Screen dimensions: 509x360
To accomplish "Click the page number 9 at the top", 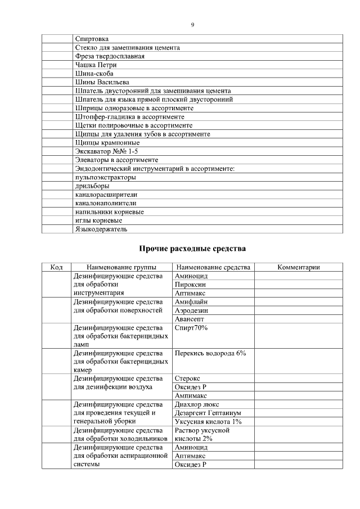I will click(x=192, y=25).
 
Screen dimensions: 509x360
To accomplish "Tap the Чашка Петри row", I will click(x=96, y=65).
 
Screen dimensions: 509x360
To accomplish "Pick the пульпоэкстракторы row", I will click(x=105, y=177).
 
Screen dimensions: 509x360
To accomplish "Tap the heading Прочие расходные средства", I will click(x=192, y=248).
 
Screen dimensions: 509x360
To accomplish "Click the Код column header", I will click(x=56, y=267).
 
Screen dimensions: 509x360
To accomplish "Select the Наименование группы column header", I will click(x=121, y=267).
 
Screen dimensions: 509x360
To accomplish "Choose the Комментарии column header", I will click(x=298, y=267).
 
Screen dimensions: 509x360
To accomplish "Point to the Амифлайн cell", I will click(x=192, y=301).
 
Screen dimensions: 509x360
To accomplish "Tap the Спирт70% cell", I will click(x=191, y=327).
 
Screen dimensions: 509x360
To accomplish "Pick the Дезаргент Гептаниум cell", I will click(x=208, y=413).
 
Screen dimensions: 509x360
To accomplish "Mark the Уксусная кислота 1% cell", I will click(x=208, y=421).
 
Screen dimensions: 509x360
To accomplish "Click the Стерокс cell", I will click(x=187, y=379).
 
